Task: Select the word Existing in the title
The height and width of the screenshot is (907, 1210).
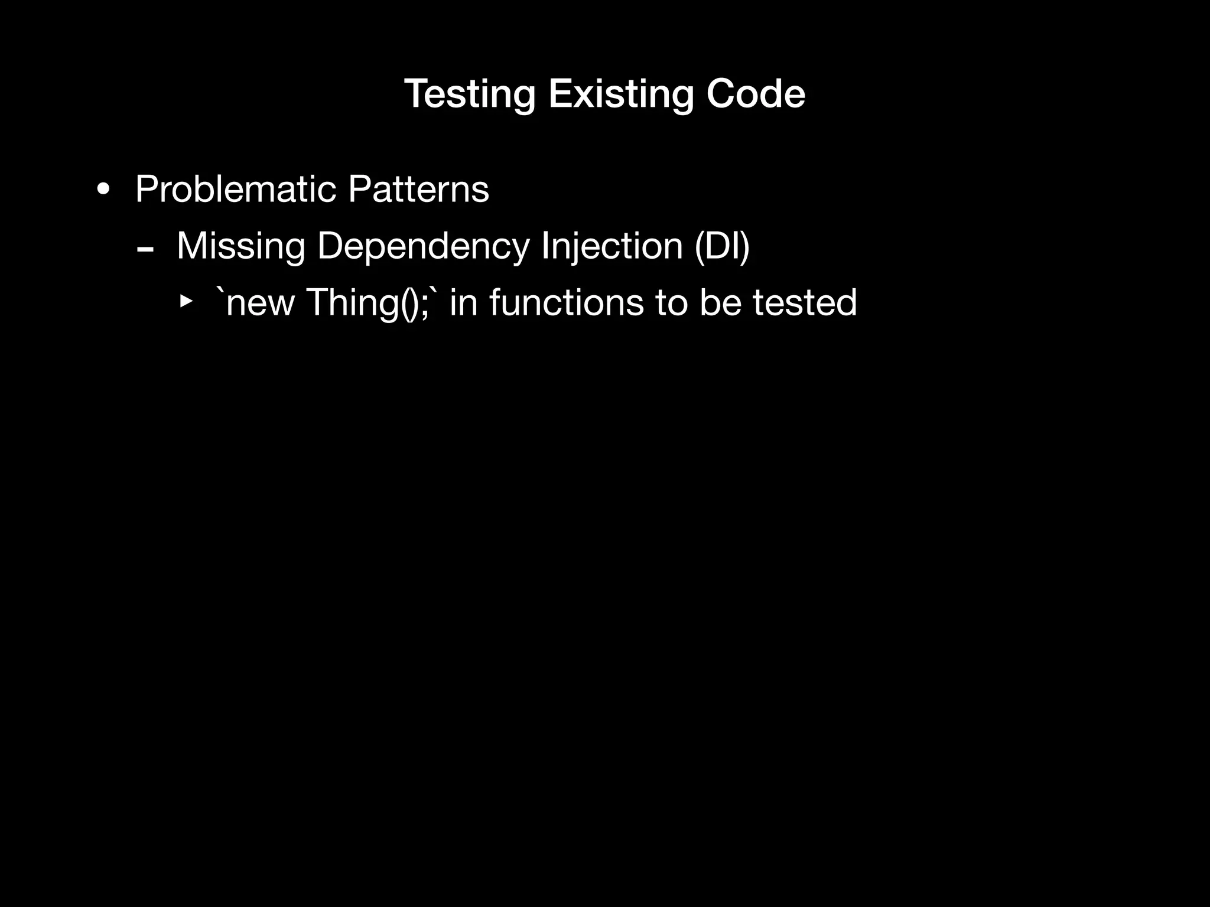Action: (x=620, y=94)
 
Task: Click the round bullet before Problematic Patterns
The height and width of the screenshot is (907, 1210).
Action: (x=103, y=190)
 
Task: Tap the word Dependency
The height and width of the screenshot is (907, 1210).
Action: (x=424, y=247)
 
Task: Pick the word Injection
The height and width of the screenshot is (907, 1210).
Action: (x=612, y=247)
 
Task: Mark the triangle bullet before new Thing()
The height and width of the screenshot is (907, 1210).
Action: (x=186, y=302)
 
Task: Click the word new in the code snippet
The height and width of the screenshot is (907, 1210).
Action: (x=260, y=303)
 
